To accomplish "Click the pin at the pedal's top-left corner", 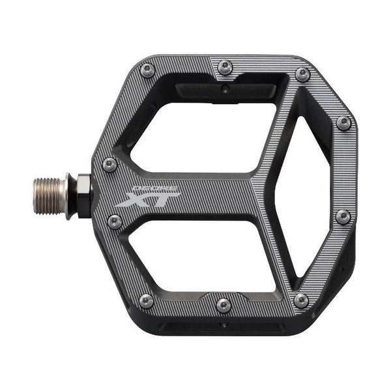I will (x=148, y=70).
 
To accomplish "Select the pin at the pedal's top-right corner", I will (x=302, y=74).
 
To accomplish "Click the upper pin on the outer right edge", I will (x=343, y=123).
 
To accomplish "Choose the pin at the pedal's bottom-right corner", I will (x=300, y=300).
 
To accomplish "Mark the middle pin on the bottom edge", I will (x=224, y=304).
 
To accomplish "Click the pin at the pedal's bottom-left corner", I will (x=147, y=300).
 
